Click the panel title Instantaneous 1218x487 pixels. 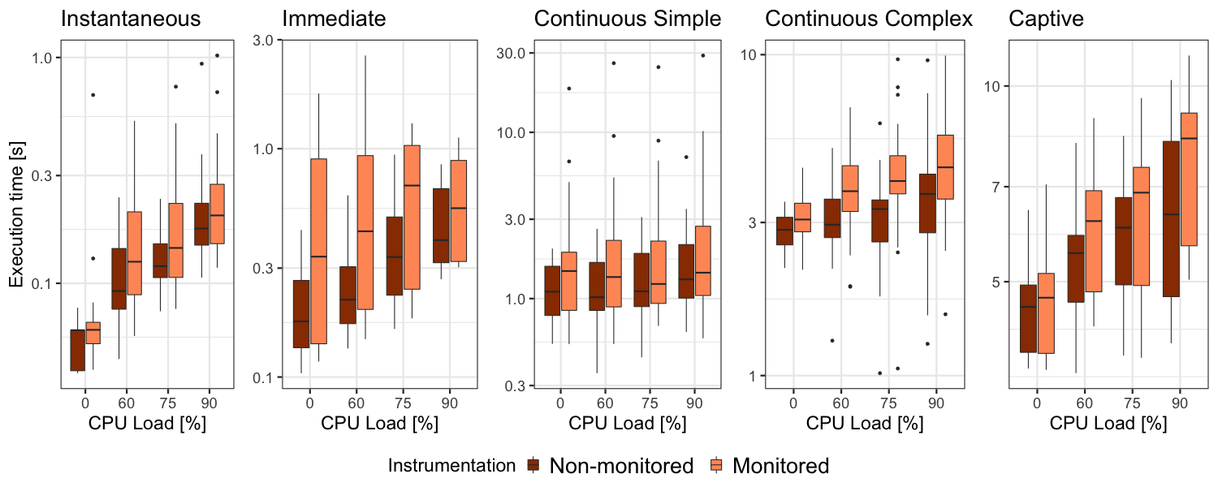131,19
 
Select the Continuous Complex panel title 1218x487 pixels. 869,19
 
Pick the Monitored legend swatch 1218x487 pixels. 719,465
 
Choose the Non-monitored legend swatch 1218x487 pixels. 534,465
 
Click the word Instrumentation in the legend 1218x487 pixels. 451,466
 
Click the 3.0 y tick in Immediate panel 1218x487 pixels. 261,41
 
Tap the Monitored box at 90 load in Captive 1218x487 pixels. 1189,179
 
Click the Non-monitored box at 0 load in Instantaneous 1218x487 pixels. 78,350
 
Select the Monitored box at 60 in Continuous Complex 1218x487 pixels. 850,188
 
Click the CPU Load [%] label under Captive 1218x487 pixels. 1108,424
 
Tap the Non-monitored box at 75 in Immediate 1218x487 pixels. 395,256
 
